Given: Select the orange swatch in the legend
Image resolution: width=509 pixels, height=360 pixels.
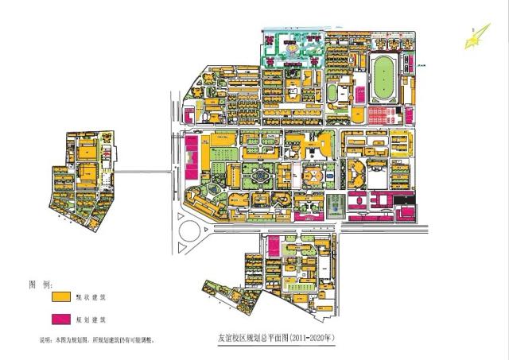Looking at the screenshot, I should (57, 296).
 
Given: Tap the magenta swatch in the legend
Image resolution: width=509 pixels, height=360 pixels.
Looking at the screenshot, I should (57, 319).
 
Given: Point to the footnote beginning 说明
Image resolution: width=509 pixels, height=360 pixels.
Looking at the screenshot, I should (96, 339).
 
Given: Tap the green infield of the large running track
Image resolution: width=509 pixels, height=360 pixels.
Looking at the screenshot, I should (384, 76).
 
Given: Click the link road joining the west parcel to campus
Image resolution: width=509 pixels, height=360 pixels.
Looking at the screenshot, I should (143, 170).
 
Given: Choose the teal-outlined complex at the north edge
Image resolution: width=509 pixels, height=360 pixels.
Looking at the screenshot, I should (290, 52).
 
